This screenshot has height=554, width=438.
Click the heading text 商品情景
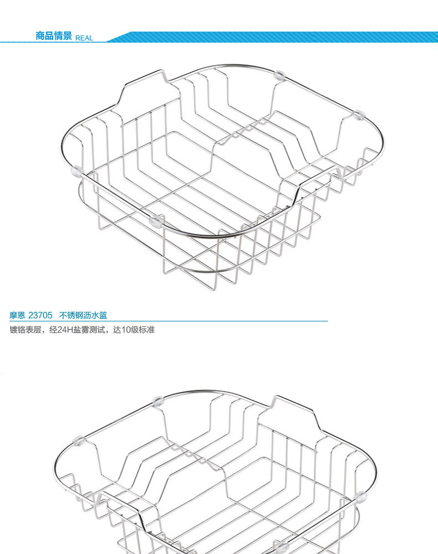[54, 37]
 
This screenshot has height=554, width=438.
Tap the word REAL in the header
[84, 38]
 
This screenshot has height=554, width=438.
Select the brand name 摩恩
[17, 315]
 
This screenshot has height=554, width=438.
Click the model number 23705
[40, 315]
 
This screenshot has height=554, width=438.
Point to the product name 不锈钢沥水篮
[83, 315]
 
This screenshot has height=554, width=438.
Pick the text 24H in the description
[65, 330]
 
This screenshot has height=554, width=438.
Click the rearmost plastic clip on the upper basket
[279, 74]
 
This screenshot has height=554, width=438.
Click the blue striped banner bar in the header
[272, 37]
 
